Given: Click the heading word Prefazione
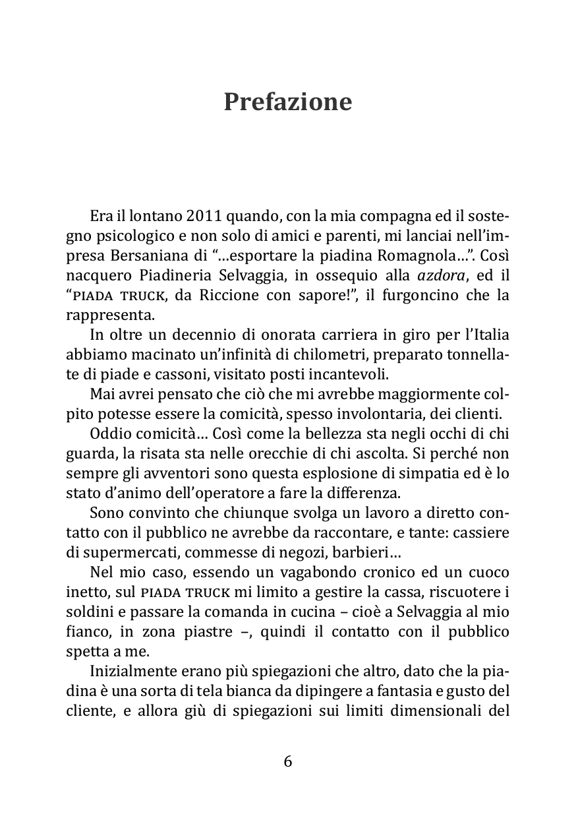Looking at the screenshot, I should click(x=287, y=102).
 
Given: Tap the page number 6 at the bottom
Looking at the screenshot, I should click(x=288, y=761).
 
